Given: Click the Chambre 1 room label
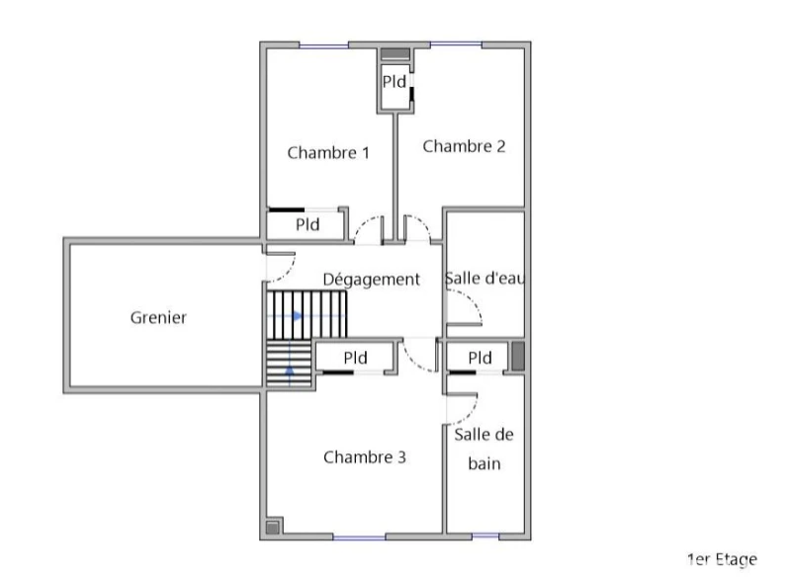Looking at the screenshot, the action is [x=328, y=152].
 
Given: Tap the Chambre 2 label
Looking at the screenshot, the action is [x=464, y=146].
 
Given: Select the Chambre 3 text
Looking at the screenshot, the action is [x=364, y=456].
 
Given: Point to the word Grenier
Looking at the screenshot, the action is [x=158, y=317].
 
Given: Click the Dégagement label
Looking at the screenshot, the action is [x=371, y=280].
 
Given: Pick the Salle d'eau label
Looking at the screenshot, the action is [x=484, y=278].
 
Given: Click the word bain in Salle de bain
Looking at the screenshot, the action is [x=484, y=463].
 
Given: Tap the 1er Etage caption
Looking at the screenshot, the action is [x=722, y=559].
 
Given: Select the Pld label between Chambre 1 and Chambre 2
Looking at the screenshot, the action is [x=394, y=81].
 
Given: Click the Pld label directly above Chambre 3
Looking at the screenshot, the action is [x=355, y=358].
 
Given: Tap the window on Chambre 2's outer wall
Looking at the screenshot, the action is [x=456, y=45].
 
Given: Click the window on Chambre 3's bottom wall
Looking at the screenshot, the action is [x=359, y=538].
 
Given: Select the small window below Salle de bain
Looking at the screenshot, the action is [x=484, y=536].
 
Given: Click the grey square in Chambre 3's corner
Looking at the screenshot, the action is [x=273, y=528].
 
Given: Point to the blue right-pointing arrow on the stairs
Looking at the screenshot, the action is [x=297, y=316].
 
